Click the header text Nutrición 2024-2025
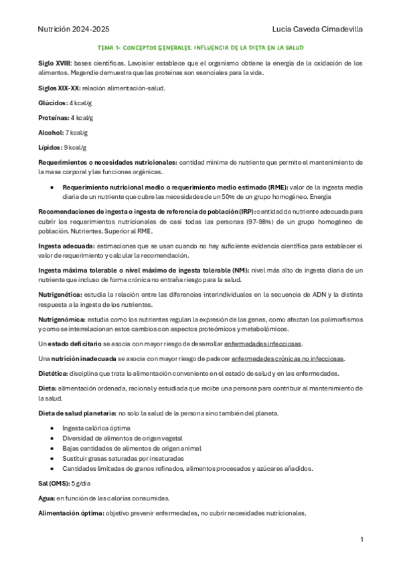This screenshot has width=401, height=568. click(74, 29)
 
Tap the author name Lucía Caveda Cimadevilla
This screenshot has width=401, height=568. click(319, 29)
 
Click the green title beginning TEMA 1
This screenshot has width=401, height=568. click(201, 48)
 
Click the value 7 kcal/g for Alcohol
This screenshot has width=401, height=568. click(76, 132)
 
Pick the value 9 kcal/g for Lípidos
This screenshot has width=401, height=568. click(75, 147)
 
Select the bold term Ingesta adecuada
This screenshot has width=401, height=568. click(66, 246)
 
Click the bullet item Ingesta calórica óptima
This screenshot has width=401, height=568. click(96, 427)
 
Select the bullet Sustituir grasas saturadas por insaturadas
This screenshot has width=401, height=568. click(125, 457)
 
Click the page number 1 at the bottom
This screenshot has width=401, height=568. click(362, 540)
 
